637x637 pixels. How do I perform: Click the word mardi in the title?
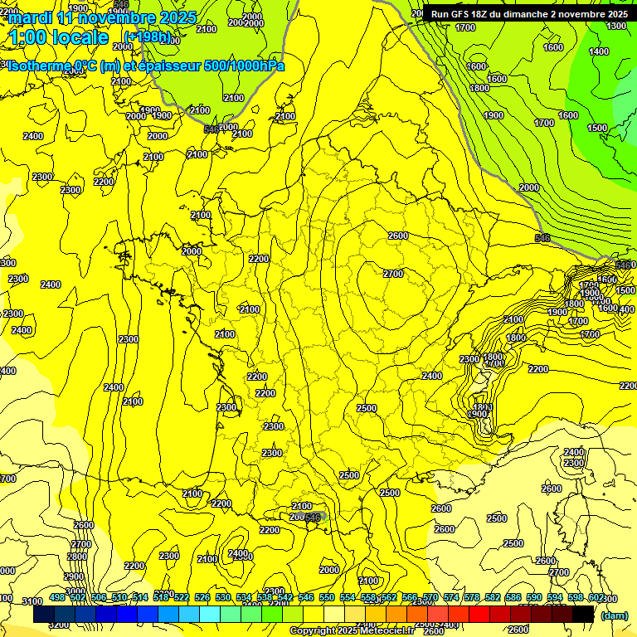tap(30, 17)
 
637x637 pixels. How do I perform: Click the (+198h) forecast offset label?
tap(147, 36)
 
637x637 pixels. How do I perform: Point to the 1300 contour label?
tap(617, 26)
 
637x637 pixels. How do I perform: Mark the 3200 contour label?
tap(59, 625)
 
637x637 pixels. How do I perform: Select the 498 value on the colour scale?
tap(57, 598)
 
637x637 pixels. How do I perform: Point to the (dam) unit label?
tap(614, 615)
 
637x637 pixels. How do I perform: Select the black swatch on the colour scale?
tap(583, 615)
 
